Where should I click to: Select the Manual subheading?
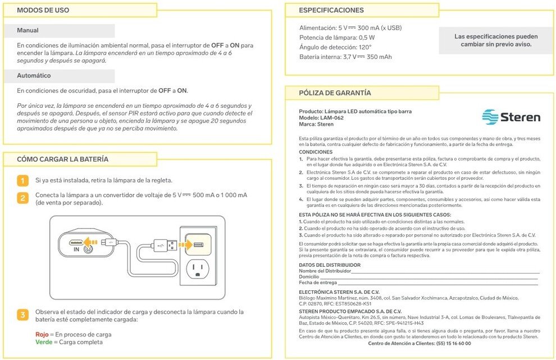pyautogui.click(x=28, y=30)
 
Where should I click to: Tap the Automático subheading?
pyautogui.click(x=34, y=75)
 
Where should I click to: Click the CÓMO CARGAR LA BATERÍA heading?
pyautogui.click(x=63, y=160)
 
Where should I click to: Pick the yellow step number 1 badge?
pyautogui.click(x=22, y=181)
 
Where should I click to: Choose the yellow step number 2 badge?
pyautogui.click(x=22, y=198)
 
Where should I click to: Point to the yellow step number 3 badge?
pyautogui.click(x=22, y=315)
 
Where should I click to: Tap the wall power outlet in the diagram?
pyautogui.click(x=197, y=269)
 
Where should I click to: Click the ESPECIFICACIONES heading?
pyautogui.click(x=331, y=10)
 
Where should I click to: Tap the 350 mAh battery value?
pyautogui.click(x=379, y=57)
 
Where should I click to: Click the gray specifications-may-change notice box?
pyautogui.click(x=495, y=40)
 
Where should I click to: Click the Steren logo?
pyautogui.click(x=511, y=117)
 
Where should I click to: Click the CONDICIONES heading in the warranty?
pyautogui.click(x=316, y=152)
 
